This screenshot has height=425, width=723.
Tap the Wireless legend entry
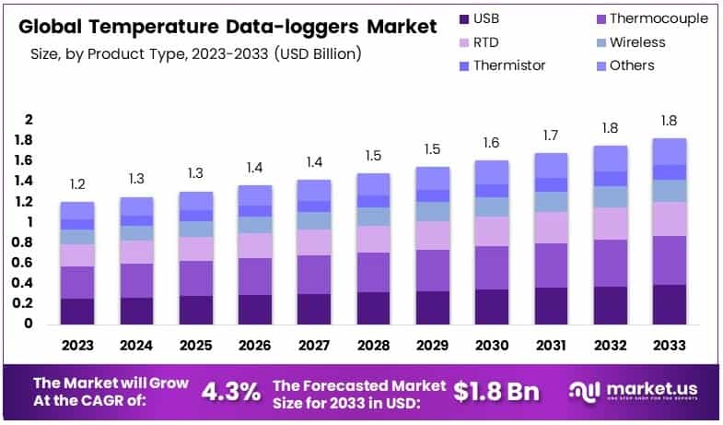coord(636,42)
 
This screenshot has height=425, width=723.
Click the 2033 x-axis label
coord(670,346)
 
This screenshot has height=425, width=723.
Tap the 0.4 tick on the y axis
coord(29,283)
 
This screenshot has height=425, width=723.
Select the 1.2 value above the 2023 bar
coord(77,184)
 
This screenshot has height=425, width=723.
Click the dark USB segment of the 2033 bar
coord(670,304)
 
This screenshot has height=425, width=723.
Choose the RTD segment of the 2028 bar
coord(373,239)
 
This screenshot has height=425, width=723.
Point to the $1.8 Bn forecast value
coord(496,391)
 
